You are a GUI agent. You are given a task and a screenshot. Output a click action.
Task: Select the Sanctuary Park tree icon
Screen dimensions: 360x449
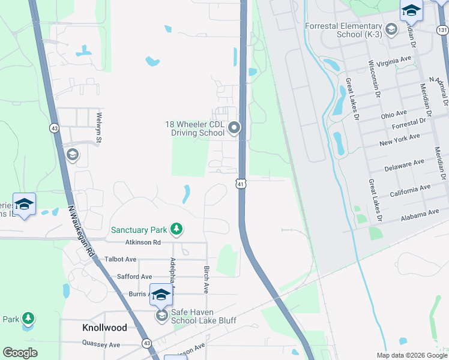pos(176,229)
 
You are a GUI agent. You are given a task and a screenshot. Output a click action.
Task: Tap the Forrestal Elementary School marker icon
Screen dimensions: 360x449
pos(391,29)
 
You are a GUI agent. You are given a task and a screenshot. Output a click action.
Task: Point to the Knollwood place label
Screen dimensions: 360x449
pos(104,328)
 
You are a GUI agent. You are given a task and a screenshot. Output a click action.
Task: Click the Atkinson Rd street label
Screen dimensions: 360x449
pos(143,242)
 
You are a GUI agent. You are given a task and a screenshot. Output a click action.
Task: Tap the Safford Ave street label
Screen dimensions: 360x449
pos(134,277)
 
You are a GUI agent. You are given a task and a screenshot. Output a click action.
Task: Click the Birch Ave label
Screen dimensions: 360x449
pos(206,279)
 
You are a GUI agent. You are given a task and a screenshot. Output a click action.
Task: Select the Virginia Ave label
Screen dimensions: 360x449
pos(395,61)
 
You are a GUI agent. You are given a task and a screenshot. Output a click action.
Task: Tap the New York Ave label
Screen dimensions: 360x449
pos(399,140)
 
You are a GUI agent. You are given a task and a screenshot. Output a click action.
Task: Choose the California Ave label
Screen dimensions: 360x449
pos(410,190)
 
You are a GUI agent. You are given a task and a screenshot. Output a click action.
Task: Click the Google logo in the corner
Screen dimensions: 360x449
pos(20,352)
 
